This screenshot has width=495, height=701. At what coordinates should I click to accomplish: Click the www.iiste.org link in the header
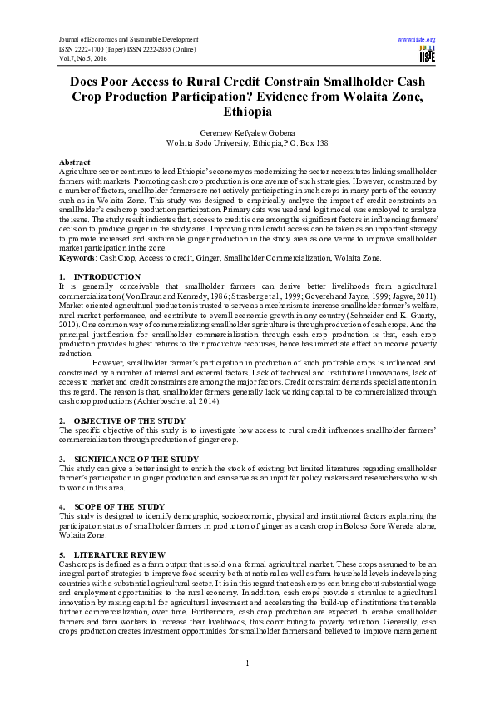(417, 40)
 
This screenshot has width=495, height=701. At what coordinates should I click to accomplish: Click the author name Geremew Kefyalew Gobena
(246, 132)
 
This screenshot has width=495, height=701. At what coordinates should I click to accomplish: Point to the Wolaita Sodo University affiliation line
(247, 142)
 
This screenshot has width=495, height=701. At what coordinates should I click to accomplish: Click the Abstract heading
(75, 161)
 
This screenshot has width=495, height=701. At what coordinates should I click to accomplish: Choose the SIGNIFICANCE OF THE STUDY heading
(136, 459)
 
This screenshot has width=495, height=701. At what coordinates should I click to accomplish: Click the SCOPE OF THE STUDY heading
(119, 506)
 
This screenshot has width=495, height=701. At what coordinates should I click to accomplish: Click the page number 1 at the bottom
(247, 662)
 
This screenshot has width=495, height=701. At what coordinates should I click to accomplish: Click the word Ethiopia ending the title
(247, 111)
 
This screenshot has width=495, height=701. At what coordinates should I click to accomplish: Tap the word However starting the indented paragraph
(111, 363)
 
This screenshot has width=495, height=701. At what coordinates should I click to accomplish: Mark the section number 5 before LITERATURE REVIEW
(62, 554)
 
